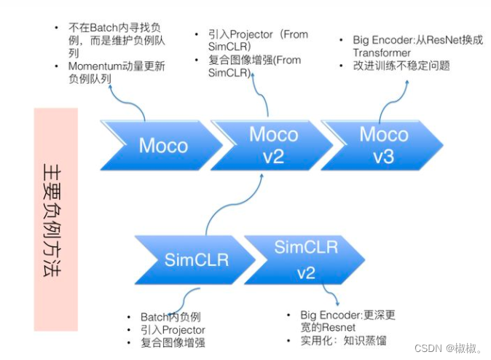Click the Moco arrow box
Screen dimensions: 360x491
click(163, 144)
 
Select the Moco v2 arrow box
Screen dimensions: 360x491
click(273, 144)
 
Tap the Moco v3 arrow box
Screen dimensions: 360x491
click(384, 144)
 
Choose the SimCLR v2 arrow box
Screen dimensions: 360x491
click(305, 259)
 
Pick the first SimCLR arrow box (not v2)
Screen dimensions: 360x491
click(196, 259)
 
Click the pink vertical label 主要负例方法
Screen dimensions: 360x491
click(55, 219)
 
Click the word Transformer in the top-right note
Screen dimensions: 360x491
click(382, 52)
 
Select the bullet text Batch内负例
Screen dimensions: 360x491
click(170, 317)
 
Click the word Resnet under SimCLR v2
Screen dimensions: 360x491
click(337, 328)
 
